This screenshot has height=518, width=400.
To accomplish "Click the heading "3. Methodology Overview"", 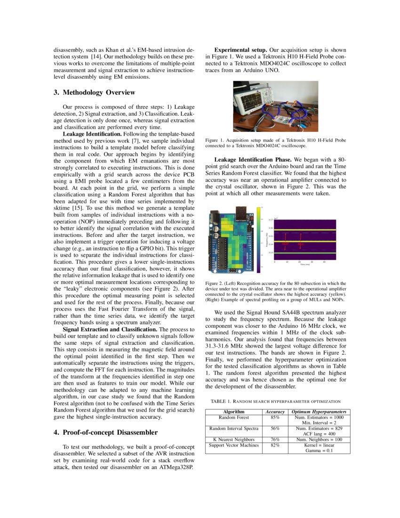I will (95, 92).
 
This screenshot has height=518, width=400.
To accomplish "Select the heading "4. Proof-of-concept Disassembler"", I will (104, 432).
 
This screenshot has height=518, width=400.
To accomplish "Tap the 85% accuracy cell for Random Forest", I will (275, 417).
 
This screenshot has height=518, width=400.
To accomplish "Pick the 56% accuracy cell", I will (275, 429).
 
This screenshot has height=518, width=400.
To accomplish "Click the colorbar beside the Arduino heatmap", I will (258, 237).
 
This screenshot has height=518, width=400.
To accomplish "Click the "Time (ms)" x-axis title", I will (305, 265).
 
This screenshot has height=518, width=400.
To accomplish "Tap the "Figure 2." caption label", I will (215, 283).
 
